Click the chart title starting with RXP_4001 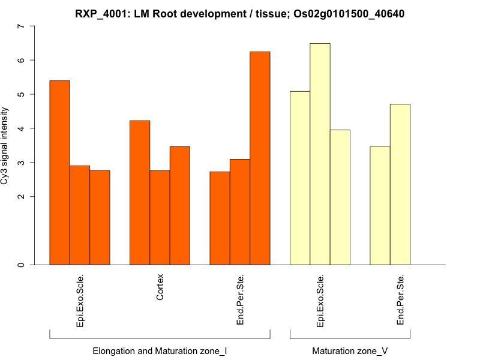[x=239, y=13]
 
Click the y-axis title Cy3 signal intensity [x=5, y=146]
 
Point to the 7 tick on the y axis [x=22, y=26]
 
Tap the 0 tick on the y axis [x=22, y=265]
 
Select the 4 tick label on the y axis [x=22, y=128]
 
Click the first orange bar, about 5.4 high [x=59, y=172]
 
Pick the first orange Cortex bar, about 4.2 [x=140, y=193]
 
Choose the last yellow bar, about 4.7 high [x=400, y=184]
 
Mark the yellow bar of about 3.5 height [x=380, y=205]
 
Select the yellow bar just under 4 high [x=340, y=197]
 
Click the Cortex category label [x=160, y=288]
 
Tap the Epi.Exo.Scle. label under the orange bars [x=80, y=301]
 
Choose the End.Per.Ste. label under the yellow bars [x=400, y=300]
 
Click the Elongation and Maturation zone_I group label [x=160, y=350]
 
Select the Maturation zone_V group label [x=350, y=350]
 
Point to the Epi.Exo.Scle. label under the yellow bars [x=320, y=301]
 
